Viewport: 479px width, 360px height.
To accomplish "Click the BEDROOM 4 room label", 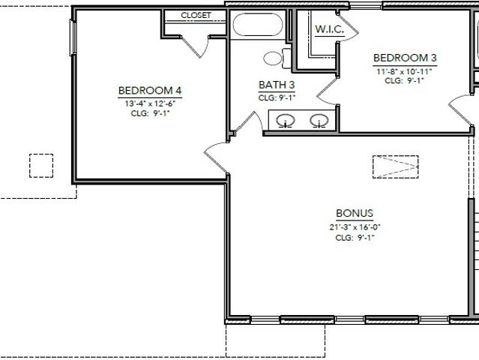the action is pos(150,91).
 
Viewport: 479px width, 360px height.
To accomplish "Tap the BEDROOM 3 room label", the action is pos(405,58).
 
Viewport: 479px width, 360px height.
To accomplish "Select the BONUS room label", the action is pos(355,213).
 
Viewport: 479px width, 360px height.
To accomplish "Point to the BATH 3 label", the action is pos(277,85).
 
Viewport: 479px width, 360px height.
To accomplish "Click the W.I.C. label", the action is pos(330,29).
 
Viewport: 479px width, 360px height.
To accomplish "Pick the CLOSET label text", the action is pos(196,15).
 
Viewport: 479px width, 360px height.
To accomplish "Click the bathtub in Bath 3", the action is pos(258,25).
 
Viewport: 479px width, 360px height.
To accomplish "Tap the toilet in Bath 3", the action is pos(277,58).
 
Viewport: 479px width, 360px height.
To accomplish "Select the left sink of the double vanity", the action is pos(286,121).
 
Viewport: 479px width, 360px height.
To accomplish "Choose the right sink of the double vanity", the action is pos(319,121).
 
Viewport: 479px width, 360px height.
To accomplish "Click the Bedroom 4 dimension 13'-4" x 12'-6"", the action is pos(150,103).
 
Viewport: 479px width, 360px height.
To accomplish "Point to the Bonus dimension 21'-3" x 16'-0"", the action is pos(355,227).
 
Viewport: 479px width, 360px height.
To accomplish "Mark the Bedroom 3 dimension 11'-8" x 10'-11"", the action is pos(404,72).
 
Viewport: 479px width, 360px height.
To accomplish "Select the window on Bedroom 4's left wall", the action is pos(73,37).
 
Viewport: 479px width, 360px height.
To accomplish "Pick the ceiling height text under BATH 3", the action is pos(277,98).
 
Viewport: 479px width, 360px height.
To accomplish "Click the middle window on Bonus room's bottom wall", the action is pos(350,320).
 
